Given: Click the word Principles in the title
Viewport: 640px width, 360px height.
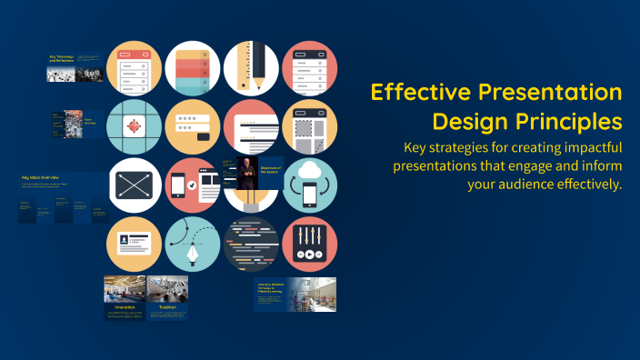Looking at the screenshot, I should coord(575,121).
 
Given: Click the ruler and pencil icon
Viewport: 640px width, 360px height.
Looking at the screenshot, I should coord(251,69).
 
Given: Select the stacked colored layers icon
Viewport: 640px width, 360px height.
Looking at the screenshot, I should coord(193,69).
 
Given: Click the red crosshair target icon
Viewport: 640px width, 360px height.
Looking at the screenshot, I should coord(135,127).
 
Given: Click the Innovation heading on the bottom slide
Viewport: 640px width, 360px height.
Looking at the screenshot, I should coord(125,307).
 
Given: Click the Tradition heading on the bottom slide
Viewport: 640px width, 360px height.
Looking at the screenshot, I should coord(166,307).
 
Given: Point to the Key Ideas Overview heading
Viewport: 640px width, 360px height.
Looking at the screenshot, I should coord(39,178).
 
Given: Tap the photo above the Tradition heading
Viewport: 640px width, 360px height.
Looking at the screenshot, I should coord(167,289).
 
